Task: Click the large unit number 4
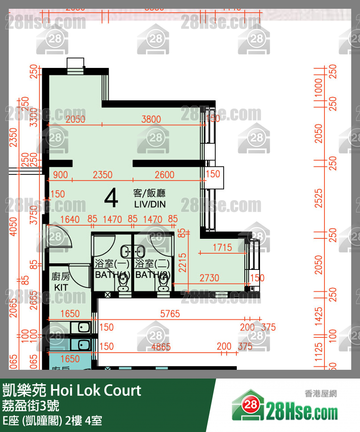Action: (x=111, y=198)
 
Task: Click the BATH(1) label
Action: (x=112, y=275)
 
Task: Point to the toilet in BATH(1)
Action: (x=123, y=286)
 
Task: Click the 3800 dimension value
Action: (x=151, y=119)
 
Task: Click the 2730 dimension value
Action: (x=209, y=278)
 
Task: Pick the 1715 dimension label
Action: (x=222, y=248)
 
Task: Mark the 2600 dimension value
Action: (x=164, y=175)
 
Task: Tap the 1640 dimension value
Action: (x=70, y=219)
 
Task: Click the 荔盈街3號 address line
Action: (x=31, y=406)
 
